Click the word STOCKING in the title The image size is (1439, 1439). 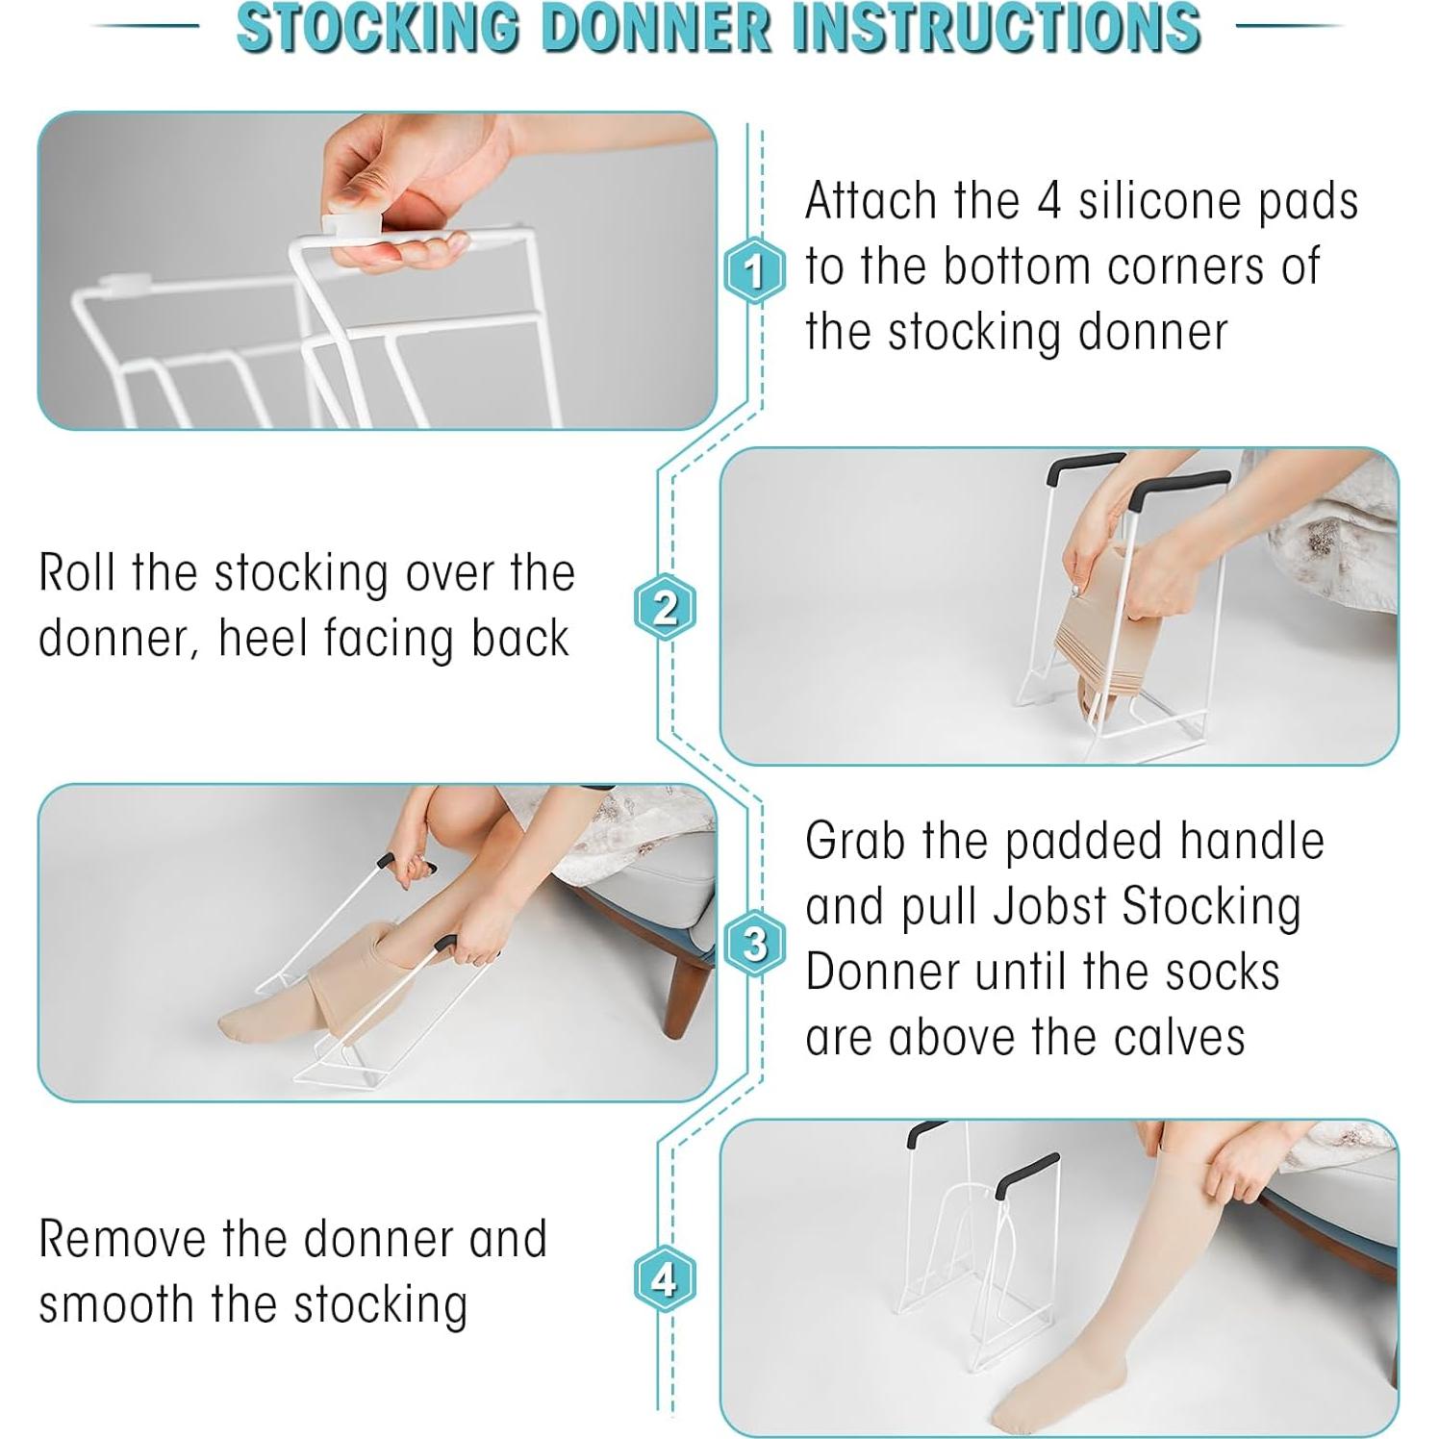pos(377,26)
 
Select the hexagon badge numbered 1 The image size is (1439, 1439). pos(754,270)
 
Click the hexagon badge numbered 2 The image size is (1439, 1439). pos(664,608)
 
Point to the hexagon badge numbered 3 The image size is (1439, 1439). pos(754,944)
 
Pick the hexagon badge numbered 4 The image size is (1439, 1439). pos(664,1279)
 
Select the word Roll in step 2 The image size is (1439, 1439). pos(78,572)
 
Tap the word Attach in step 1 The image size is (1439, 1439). pos(871,201)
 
